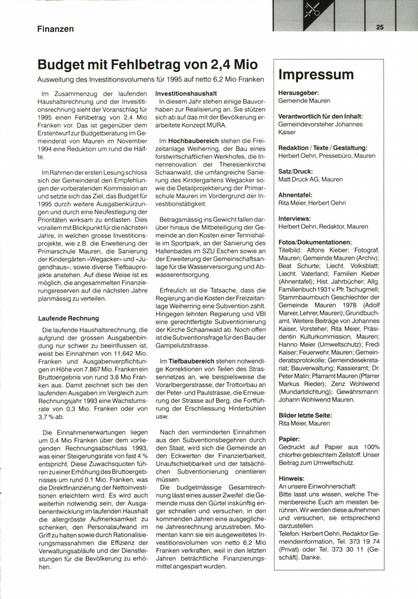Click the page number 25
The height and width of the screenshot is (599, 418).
click(x=380, y=27)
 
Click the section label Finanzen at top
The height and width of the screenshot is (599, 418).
click(x=55, y=29)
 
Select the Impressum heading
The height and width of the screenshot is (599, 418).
click(x=316, y=74)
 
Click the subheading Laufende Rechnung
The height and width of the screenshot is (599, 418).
click(x=68, y=318)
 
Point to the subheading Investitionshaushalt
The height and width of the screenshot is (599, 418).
click(x=186, y=94)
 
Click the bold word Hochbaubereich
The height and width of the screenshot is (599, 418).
click(x=193, y=141)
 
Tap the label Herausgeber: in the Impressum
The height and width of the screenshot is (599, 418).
click(x=299, y=93)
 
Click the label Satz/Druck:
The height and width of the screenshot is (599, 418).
click(x=295, y=171)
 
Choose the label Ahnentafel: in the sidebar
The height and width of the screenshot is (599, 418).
click(x=295, y=195)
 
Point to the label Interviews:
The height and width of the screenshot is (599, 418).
click(x=294, y=219)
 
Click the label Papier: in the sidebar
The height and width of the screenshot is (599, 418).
click(x=289, y=439)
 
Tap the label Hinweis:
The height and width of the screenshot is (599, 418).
click(x=292, y=479)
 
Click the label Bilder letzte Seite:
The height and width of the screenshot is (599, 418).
click(x=305, y=415)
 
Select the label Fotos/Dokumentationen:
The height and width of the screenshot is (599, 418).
click(x=315, y=242)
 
